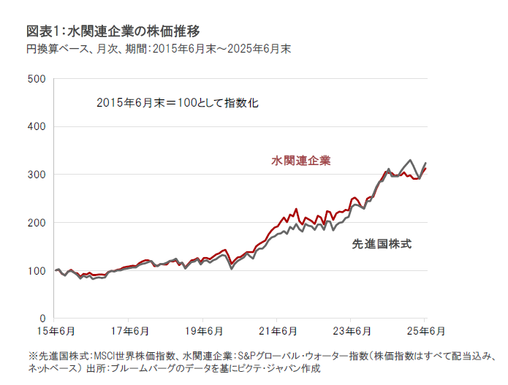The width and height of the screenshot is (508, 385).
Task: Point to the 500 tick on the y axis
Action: coord(36,78)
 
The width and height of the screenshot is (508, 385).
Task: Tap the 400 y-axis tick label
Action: coord(36,126)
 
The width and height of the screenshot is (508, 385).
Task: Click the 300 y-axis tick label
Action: coord(36,175)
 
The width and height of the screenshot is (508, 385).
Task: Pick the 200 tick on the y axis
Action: coord(36,222)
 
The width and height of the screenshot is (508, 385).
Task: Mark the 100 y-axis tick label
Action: coord(36,270)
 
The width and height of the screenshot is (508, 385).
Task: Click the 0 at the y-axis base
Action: coord(42,319)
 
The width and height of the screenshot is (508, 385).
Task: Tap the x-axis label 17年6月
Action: coord(128,331)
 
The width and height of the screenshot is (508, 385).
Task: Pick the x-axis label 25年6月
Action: coord(425,331)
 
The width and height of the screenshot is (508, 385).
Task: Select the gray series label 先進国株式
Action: coord(382,244)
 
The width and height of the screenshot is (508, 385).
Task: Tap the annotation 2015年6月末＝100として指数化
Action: coord(178,103)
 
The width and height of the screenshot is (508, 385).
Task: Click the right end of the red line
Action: coord(426,168)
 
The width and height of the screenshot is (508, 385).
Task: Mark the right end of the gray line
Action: coord(426,163)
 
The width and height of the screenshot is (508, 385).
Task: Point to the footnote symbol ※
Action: coord(32,356)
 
